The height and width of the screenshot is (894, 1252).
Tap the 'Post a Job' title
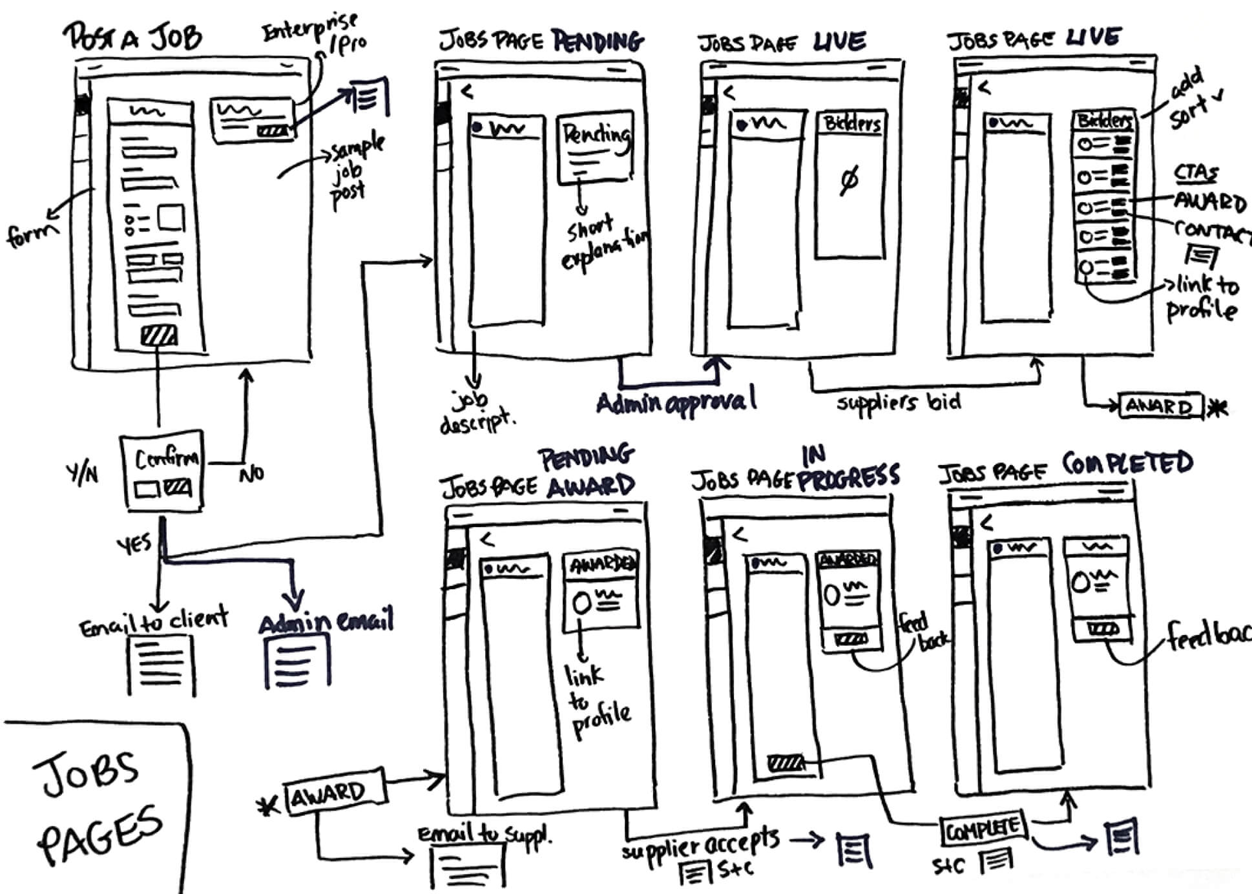click(x=132, y=37)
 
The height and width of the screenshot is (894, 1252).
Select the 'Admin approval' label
click(x=675, y=402)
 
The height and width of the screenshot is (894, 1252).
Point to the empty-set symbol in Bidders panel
click(x=848, y=180)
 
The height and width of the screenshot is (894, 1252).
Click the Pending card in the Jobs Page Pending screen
click(x=595, y=148)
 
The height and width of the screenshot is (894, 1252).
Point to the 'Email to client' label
click(x=154, y=621)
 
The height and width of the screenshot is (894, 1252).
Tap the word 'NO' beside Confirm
click(x=251, y=474)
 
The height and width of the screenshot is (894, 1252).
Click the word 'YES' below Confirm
click(x=134, y=544)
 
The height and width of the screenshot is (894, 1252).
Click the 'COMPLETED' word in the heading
click(x=1127, y=463)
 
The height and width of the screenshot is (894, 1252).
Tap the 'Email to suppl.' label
click(x=485, y=835)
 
